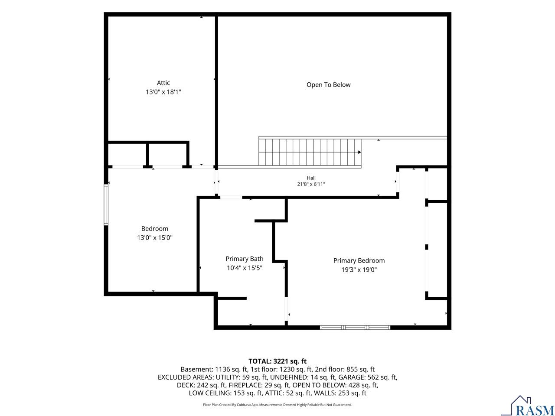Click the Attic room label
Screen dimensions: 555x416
pyautogui.click(x=163, y=83)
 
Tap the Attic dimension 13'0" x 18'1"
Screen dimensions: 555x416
pyautogui.click(x=163, y=92)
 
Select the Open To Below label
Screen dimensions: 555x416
pyautogui.click(x=328, y=85)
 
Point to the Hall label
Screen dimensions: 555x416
pyautogui.click(x=311, y=178)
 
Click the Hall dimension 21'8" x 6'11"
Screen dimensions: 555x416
pyautogui.click(x=311, y=184)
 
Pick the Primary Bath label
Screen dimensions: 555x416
pyautogui.click(x=244, y=259)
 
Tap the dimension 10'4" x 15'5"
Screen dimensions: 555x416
pyautogui.click(x=244, y=268)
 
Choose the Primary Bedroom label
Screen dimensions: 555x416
pyautogui.click(x=359, y=261)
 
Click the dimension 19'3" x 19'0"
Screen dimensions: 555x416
pyautogui.click(x=359, y=270)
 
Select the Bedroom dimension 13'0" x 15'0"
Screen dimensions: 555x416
pyautogui.click(x=155, y=237)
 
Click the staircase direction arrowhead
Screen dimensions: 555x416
pyautogui.click(x=359, y=152)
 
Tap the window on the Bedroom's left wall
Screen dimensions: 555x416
pyautogui.click(x=106, y=205)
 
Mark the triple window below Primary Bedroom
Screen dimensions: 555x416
pyautogui.click(x=355, y=328)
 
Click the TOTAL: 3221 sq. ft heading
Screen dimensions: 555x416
pyautogui.click(x=277, y=361)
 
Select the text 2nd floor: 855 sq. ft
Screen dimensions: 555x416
pyautogui.click(x=345, y=369)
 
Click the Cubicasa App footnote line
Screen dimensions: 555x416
pyautogui.click(x=277, y=404)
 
